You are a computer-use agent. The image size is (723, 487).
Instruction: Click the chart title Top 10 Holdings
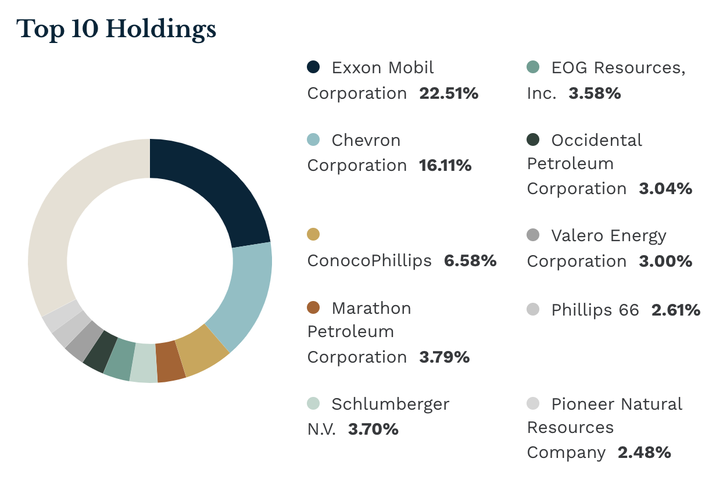coord(117,29)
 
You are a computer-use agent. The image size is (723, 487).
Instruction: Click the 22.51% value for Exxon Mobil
coord(448,94)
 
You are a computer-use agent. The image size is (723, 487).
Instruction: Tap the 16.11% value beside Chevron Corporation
coord(445,166)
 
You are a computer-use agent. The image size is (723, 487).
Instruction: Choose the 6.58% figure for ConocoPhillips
coord(470,261)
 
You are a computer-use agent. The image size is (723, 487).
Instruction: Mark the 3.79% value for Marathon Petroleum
coord(444,357)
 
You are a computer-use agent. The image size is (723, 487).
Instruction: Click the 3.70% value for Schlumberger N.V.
coord(373,429)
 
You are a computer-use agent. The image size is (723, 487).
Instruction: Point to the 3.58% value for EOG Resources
coord(595,94)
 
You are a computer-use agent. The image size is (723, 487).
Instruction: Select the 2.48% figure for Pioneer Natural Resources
coord(644,453)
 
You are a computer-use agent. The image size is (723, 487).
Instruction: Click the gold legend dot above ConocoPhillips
coord(313,234)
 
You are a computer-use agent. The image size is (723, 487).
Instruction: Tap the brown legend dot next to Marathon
coord(313,307)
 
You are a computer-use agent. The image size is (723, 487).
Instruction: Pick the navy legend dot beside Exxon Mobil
coord(313,67)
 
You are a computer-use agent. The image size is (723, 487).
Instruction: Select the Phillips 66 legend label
coord(595,310)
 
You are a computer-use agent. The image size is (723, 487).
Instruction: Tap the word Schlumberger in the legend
coord(390,404)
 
